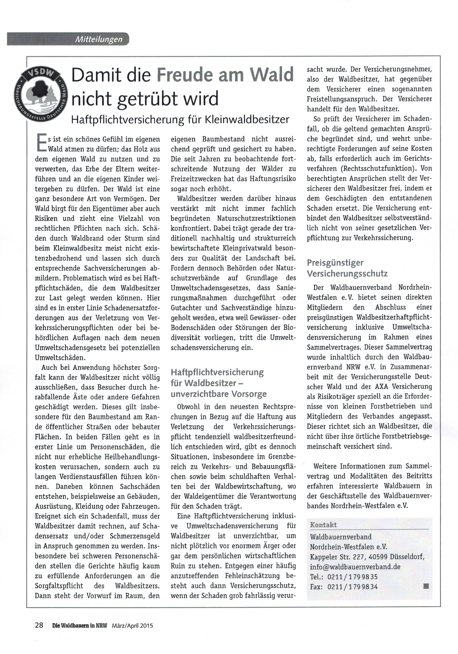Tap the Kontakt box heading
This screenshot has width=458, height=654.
click(323, 525)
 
